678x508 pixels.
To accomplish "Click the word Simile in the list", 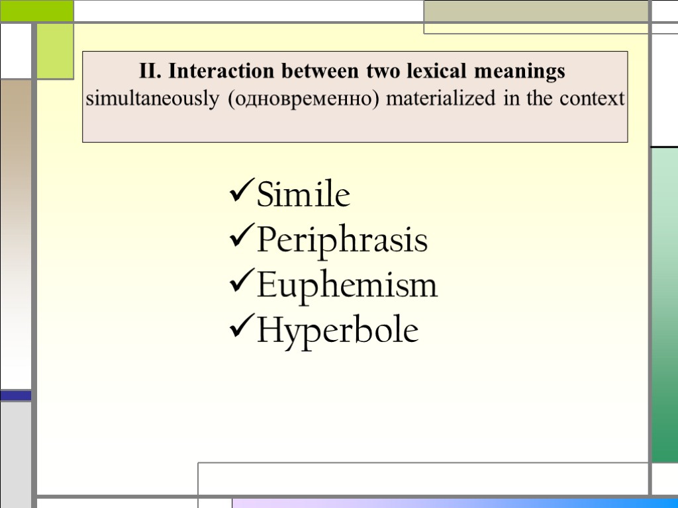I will click(x=303, y=196).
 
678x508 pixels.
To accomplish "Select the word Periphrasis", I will click(x=342, y=241).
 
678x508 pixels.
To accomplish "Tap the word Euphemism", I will click(x=347, y=286).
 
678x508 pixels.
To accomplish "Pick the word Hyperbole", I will click(x=338, y=330).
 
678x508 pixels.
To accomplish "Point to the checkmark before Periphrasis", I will click(x=240, y=240).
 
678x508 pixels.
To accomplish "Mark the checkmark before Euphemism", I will click(x=240, y=285).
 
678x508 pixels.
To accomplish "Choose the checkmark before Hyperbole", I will click(x=240, y=329).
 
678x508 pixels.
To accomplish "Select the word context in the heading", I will click(x=591, y=99).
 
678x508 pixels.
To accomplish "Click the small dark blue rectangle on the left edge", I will click(x=15, y=395).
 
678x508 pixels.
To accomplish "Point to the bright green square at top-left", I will click(x=36, y=10).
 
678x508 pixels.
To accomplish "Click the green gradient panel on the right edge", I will click(x=664, y=304).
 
